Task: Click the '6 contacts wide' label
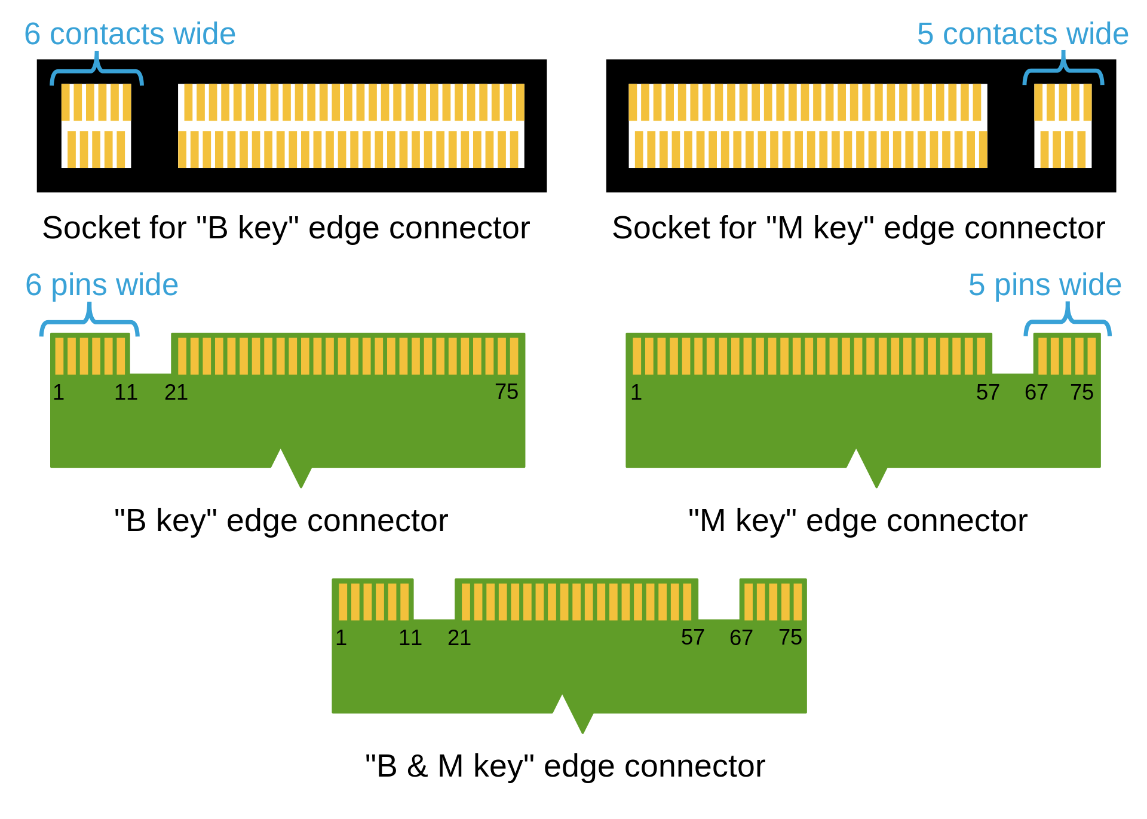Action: (130, 34)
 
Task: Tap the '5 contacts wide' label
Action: (1022, 34)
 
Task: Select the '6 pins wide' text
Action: (102, 285)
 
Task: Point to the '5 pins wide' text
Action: (1045, 285)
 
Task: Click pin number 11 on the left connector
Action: (126, 392)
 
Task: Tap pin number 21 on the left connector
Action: (176, 392)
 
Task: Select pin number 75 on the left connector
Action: (507, 392)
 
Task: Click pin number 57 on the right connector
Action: (988, 392)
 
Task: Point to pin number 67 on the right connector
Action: (1036, 392)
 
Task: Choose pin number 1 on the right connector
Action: (636, 392)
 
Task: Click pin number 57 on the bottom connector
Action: (693, 637)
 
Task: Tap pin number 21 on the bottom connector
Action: (459, 638)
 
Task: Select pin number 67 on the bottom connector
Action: (741, 638)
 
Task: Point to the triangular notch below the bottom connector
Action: (573, 714)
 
